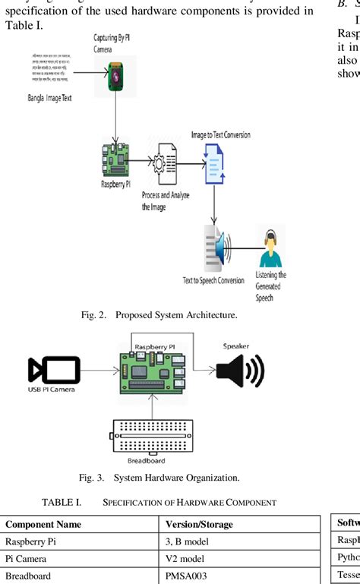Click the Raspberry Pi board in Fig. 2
click(114, 162)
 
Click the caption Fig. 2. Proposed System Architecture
click(159, 314)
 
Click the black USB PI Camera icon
click(53, 370)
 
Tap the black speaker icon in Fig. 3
click(239, 372)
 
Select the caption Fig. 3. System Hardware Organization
click(159, 478)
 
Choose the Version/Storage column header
click(199, 524)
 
